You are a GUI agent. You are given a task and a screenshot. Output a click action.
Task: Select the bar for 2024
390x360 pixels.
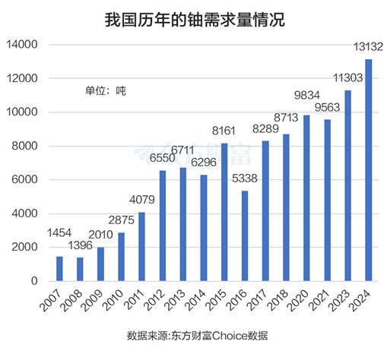[369, 170]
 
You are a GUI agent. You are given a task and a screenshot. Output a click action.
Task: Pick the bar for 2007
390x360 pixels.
[59, 268]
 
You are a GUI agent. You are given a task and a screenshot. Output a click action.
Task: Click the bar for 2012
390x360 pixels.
[163, 226]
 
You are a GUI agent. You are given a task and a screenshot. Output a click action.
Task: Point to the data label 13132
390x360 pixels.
[369, 47]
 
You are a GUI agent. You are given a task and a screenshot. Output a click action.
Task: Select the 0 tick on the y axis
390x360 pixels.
[35, 281]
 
